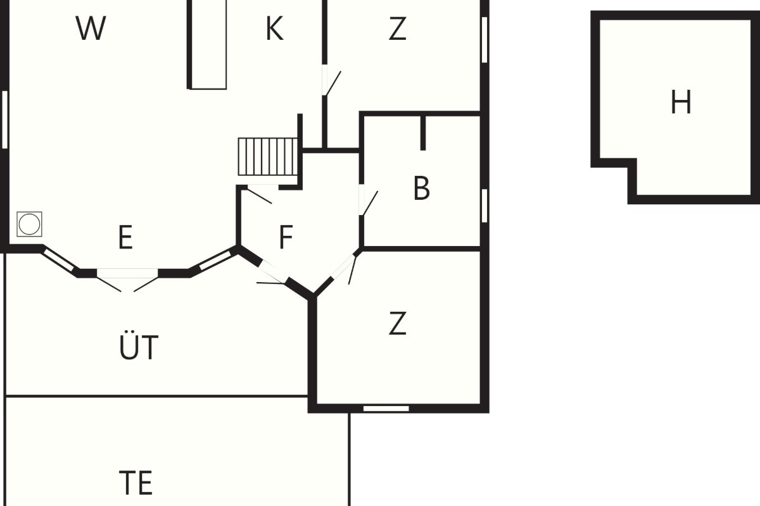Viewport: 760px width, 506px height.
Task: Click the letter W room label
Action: [91, 28]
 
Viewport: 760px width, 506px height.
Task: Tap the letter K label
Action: [274, 28]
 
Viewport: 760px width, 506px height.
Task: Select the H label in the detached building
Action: [681, 102]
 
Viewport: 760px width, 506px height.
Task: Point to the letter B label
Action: [422, 188]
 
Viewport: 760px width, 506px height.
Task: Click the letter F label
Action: [286, 237]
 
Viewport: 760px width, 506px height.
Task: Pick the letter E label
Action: [125, 237]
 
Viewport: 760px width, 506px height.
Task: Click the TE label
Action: [136, 482]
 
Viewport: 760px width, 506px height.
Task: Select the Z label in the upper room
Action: [397, 28]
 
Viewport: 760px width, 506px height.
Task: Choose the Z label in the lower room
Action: [397, 323]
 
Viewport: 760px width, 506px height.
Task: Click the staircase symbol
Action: [268, 157]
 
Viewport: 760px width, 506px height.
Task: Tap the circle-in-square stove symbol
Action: [30, 224]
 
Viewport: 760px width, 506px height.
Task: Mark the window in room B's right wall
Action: [484, 206]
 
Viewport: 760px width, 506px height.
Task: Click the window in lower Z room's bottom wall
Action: [386, 409]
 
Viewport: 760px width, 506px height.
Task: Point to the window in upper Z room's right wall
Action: [484, 40]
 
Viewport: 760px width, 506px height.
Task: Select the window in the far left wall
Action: [5, 120]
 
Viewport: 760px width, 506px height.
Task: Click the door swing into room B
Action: [369, 202]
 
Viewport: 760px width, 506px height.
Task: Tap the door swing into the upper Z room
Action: [331, 83]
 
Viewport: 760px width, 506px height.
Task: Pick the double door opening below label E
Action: [127, 280]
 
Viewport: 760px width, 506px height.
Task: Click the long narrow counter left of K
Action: [207, 44]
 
